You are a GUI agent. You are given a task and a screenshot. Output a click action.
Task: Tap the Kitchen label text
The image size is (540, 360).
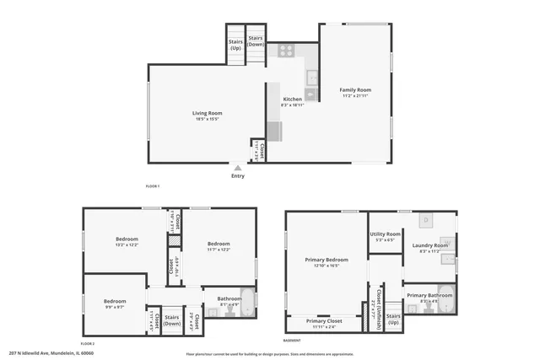[x=292, y=99]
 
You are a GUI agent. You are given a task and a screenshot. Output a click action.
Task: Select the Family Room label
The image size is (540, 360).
[x=355, y=89]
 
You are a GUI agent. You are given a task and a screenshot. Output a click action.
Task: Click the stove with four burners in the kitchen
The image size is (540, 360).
[x=286, y=50]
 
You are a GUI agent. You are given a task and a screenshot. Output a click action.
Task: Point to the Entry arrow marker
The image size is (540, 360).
[x=237, y=169]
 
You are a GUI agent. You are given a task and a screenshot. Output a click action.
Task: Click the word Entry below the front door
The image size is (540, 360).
[x=238, y=176]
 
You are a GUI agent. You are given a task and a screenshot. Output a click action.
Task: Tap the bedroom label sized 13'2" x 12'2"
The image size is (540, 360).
[x=127, y=239]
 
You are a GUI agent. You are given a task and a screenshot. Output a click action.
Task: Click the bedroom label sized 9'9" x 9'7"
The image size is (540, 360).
[x=115, y=301]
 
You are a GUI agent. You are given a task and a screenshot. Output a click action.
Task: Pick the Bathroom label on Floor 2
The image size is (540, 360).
[x=229, y=298]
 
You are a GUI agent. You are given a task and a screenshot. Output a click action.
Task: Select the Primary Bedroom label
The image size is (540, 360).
[x=325, y=260]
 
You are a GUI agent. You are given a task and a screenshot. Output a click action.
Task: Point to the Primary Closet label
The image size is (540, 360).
[x=324, y=321]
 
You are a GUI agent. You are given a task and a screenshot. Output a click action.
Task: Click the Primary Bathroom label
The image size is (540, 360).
[x=429, y=295]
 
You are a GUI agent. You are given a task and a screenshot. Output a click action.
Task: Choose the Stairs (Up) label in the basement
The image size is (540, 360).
[x=393, y=319]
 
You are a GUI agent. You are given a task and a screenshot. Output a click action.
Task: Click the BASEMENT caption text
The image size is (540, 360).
[x=291, y=341]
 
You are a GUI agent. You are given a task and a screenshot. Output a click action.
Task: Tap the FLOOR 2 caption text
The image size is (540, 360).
[x=87, y=344]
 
